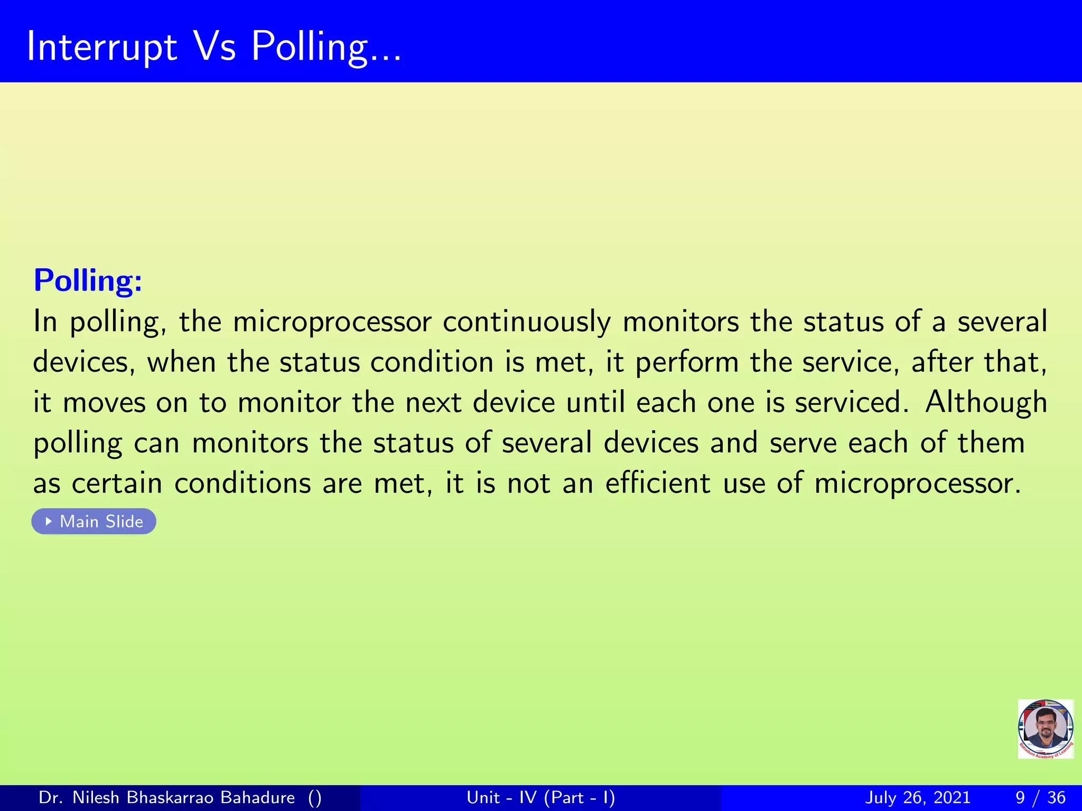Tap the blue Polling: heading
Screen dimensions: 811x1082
tap(88, 280)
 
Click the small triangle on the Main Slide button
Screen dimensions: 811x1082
tap(49, 521)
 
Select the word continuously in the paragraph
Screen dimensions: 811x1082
tap(526, 322)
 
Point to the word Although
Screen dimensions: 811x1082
tap(986, 402)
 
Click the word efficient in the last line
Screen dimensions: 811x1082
tap(658, 483)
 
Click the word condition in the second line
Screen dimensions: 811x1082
tap(432, 362)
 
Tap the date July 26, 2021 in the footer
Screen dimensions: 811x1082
tap(918, 797)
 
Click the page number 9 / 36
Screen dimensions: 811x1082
tap(1040, 797)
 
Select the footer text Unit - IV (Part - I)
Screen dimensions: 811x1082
tap(540, 797)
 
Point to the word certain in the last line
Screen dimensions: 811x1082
tap(117, 483)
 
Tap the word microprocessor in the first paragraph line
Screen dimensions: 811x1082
tap(332, 322)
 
